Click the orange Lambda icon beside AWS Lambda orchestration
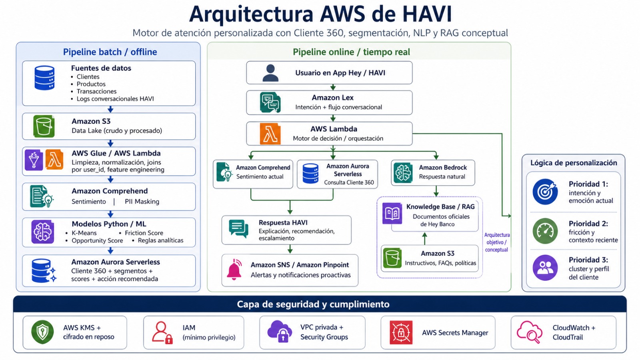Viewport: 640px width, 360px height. [x=270, y=134]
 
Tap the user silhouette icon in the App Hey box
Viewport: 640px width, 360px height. [x=270, y=73]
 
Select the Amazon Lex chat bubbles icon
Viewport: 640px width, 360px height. [x=270, y=103]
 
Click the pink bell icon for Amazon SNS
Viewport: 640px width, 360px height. [x=234, y=270]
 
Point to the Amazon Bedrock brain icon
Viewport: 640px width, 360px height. [x=403, y=172]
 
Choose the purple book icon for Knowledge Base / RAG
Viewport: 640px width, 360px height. [x=392, y=213]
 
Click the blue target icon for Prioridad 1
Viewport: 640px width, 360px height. [x=545, y=192]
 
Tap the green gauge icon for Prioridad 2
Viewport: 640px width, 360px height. [x=545, y=231]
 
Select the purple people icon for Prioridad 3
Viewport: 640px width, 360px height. [x=545, y=268]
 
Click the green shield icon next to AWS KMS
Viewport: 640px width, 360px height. [x=42, y=332]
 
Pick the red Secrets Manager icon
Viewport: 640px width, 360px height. [x=401, y=332]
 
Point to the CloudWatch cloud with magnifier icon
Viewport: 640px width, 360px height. [x=529, y=332]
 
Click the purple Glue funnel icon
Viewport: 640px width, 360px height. [x=34, y=160]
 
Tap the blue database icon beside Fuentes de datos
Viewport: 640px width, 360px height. [x=44, y=78]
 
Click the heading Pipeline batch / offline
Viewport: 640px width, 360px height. [x=110, y=52]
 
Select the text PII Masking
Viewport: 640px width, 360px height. [x=142, y=202]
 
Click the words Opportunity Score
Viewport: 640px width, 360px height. [x=97, y=240]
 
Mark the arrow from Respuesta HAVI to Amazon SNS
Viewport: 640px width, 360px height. [x=290, y=250]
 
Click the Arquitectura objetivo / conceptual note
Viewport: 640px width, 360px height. [x=497, y=242]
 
